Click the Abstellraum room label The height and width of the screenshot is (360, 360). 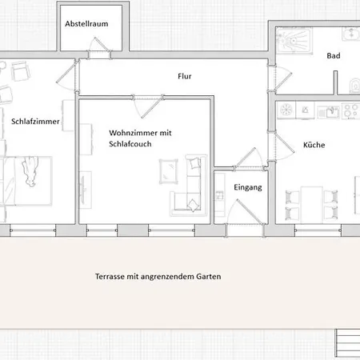(86, 24)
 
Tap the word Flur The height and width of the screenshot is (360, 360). (185, 76)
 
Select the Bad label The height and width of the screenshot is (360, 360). (334, 56)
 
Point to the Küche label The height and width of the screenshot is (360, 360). (314, 145)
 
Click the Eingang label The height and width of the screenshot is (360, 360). (248, 187)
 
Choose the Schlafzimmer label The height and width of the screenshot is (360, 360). (35, 122)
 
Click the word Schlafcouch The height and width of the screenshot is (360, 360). (130, 144)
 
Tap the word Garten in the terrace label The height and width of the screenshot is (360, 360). (209, 277)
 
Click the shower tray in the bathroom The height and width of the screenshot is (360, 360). (294, 41)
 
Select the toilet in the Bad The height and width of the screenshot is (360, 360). (354, 86)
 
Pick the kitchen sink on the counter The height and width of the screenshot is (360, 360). (329, 111)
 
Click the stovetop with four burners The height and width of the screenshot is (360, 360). (350, 110)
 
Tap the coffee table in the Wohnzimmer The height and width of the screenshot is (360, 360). (169, 171)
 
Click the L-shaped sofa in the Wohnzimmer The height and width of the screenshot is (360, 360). (189, 186)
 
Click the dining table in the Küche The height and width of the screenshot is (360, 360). (311, 204)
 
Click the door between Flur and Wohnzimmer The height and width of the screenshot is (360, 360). (148, 106)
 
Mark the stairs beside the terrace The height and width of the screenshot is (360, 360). (347, 343)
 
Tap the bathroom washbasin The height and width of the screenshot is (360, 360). (351, 34)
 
